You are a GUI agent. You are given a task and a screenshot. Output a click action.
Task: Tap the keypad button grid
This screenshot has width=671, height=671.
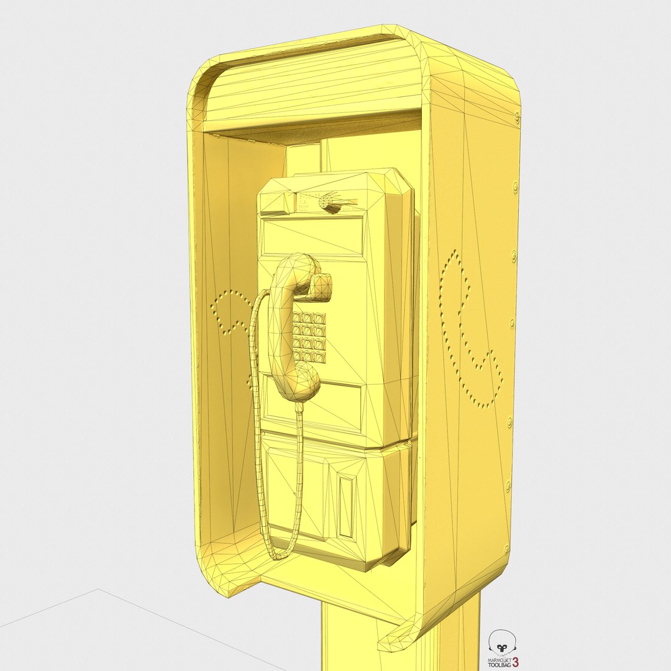coord(309,337)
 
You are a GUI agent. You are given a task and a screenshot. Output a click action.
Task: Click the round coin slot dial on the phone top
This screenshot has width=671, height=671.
coord(326,201)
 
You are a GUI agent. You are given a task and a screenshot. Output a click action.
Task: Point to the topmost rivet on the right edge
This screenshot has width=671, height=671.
coord(517,116)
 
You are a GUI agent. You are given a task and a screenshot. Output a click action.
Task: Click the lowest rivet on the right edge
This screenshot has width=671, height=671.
coord(506,549)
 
